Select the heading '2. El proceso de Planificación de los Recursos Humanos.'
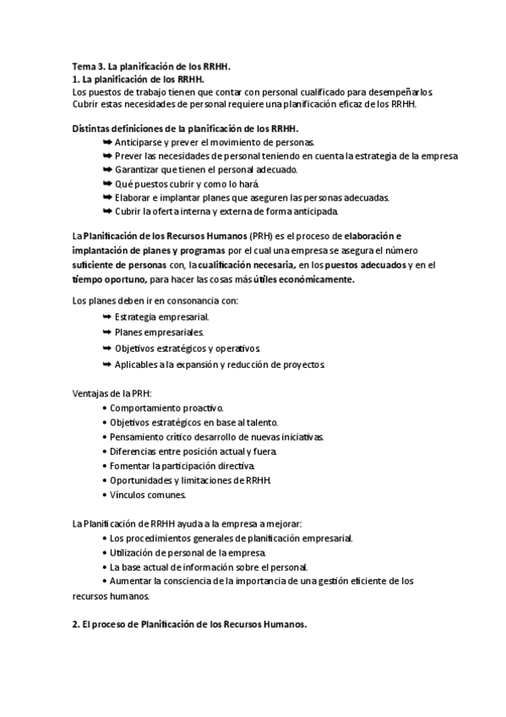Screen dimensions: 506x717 189,625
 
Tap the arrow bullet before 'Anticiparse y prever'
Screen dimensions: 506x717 106,142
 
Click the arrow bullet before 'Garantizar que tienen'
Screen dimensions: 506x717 106,169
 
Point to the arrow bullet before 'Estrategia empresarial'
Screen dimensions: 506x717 106,315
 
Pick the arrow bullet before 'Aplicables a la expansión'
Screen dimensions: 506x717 106,364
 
